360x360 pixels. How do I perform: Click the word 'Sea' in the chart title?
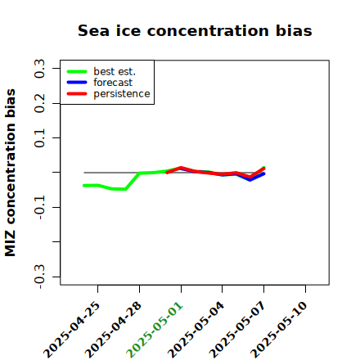coord(93,30)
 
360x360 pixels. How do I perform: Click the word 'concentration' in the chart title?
coord(208,30)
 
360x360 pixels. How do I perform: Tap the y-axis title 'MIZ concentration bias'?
coord(11,173)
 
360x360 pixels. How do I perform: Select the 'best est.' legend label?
coord(115,71)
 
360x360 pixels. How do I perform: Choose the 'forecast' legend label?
coord(113,83)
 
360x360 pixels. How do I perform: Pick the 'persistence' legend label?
coord(122,94)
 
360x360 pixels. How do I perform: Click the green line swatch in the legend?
coord(77,72)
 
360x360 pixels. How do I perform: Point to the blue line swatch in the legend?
coord(77,83)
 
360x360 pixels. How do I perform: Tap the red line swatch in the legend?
coord(77,94)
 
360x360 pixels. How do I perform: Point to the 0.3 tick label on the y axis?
coord(39,69)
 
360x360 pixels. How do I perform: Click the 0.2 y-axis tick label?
coord(39,103)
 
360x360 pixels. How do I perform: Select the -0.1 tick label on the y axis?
coord(39,207)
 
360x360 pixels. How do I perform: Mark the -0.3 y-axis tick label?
coord(39,277)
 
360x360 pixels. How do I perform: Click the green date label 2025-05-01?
coord(155,330)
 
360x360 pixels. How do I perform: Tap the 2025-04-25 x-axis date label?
coord(72,330)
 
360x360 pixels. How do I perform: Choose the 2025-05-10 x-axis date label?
coord(279,330)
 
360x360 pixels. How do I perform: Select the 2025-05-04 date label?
coord(196,330)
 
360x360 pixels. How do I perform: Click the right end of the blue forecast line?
coord(263,173)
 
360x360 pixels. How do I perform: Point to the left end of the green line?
coord(84,186)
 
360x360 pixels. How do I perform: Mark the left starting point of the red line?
coord(167,173)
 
